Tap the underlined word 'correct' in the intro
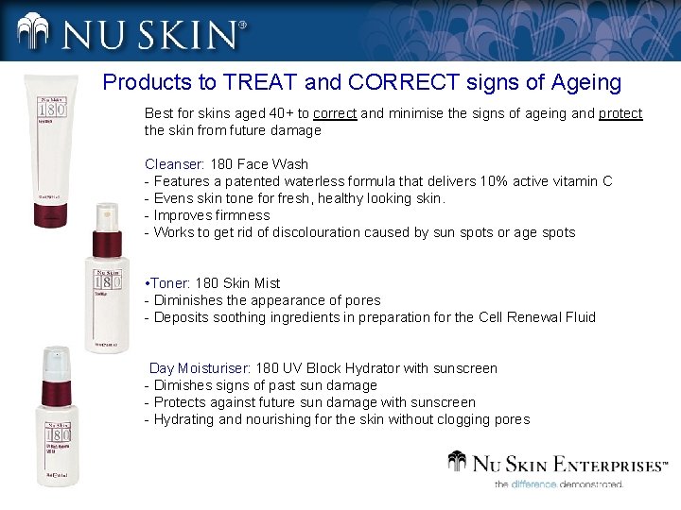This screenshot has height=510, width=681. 335,113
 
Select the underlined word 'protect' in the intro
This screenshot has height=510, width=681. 620,113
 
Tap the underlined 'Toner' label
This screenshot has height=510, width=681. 169,283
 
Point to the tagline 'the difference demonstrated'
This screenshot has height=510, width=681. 558,484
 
